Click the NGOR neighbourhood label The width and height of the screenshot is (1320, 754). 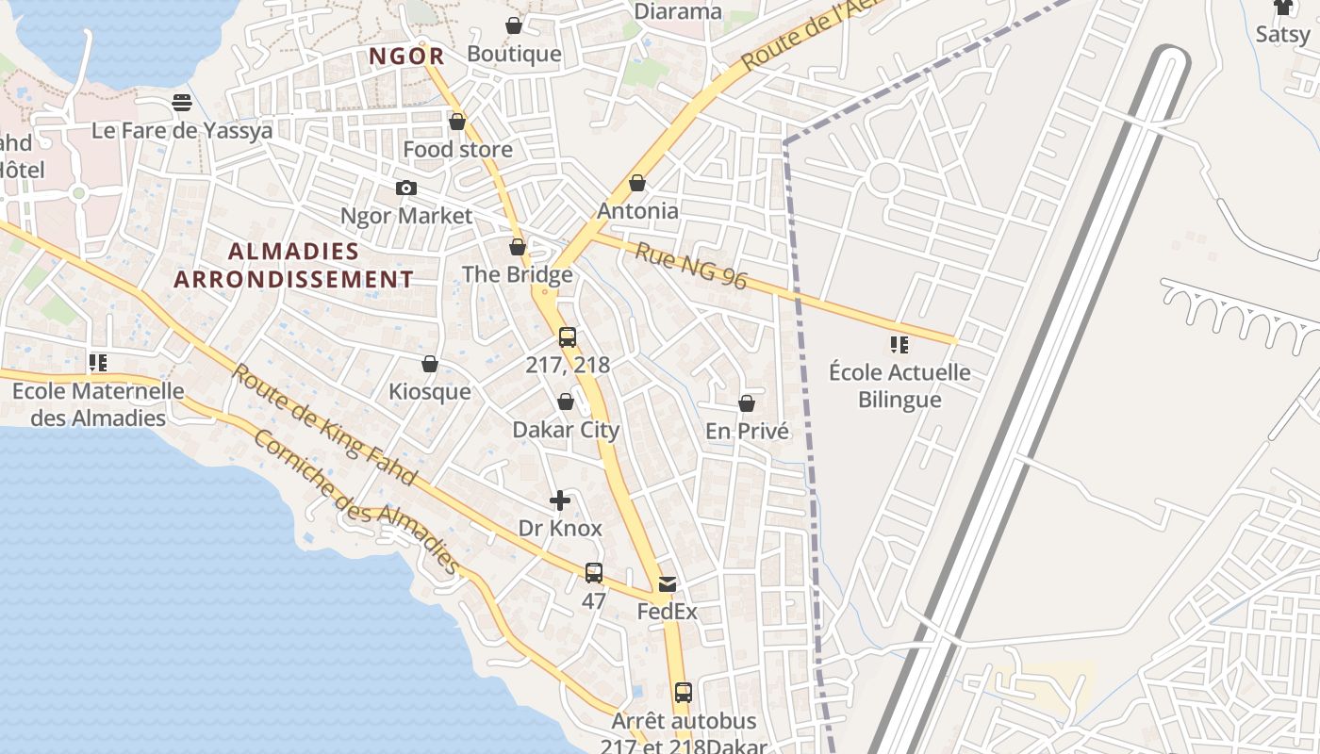pos(405,57)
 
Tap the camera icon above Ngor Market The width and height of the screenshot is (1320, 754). pos(406,188)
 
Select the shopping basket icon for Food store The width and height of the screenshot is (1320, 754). pos(457,122)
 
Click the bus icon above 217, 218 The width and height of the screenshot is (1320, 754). pos(567,337)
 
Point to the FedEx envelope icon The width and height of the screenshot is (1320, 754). pos(668,584)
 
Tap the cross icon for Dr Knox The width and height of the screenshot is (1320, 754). pos(560,500)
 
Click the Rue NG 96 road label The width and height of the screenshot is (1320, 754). pos(691,266)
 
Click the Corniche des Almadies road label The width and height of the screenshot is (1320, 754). pos(356,502)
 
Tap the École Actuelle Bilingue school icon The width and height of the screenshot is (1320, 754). pos(899,345)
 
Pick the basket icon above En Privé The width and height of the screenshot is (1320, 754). pos(747,403)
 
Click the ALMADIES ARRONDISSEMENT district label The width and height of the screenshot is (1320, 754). pos(293,265)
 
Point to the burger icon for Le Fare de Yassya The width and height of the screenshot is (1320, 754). pos(182,102)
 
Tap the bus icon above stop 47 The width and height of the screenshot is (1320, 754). pos(593,572)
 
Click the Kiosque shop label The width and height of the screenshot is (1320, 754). pos(430,391)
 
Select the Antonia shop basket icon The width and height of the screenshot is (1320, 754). pos(637,183)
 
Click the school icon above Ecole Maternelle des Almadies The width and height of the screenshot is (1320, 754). pos(98,362)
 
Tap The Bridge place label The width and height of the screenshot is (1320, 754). pos(517,274)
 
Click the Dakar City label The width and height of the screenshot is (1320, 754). pos(566,430)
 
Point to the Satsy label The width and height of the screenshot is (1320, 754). pos(1282,35)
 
